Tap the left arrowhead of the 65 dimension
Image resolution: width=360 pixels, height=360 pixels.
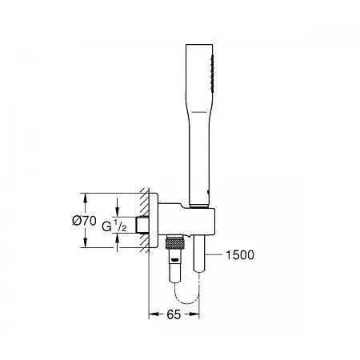click(x=152, y=315)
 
